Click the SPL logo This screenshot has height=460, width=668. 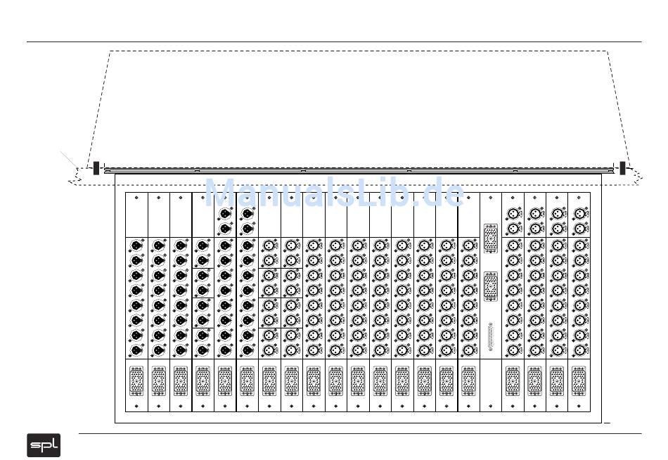point(44,445)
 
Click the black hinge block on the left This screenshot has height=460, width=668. point(96,168)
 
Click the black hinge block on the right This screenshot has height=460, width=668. point(622,168)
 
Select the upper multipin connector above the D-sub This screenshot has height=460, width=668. point(490,234)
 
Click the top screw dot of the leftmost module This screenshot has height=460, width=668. point(136,198)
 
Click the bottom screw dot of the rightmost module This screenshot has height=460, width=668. point(579,407)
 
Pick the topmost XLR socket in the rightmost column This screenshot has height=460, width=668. point(579,213)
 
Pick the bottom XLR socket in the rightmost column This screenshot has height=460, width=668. point(579,349)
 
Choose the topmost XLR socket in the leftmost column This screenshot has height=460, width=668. point(136,245)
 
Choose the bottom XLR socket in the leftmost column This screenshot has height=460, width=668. point(136,349)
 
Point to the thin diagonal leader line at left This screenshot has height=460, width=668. point(69,160)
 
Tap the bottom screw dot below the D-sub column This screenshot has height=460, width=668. point(490,407)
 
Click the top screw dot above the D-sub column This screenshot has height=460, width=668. point(490,198)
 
